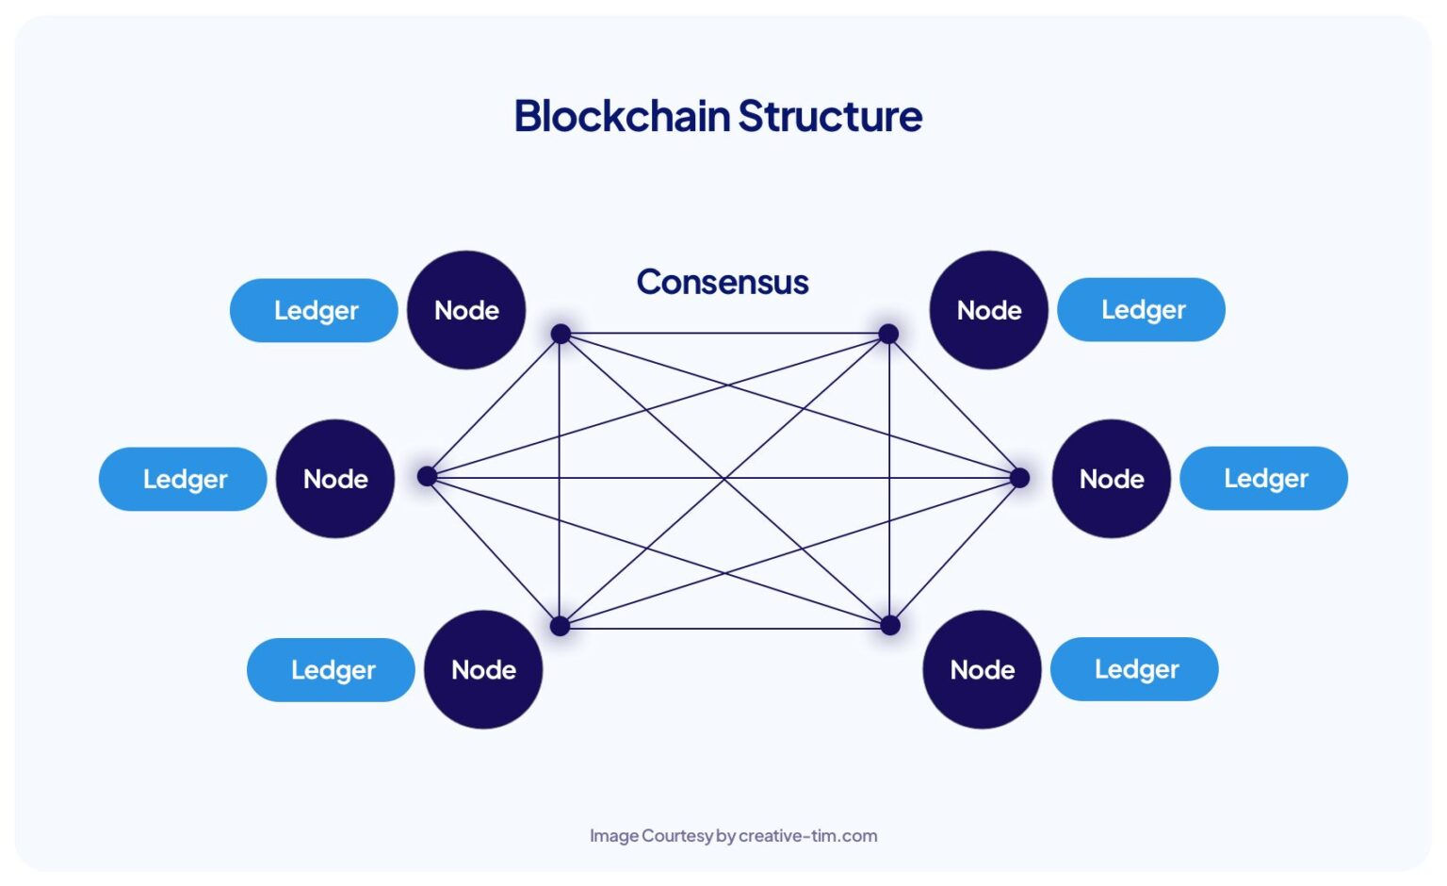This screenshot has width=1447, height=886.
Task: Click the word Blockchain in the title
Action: [622, 116]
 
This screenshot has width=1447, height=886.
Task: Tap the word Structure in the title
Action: [830, 116]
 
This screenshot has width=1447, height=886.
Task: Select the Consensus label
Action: [723, 282]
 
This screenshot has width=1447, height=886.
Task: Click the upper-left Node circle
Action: [466, 310]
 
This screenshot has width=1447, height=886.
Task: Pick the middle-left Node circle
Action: [335, 479]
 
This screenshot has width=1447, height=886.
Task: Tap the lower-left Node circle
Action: [483, 669]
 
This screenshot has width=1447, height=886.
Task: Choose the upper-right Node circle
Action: [989, 310]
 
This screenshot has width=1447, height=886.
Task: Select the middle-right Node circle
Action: [1112, 479]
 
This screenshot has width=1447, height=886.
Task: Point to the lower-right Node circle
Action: [983, 669]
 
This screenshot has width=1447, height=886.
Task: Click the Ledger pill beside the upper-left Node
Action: [315, 310]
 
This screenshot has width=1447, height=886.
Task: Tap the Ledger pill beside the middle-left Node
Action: [184, 479]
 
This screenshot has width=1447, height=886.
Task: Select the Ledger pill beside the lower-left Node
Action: [332, 669]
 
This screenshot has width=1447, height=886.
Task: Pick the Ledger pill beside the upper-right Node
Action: [1142, 309]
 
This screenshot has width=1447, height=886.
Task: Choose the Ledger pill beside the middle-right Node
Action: [1264, 478]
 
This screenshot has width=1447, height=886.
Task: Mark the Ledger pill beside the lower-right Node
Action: [1135, 668]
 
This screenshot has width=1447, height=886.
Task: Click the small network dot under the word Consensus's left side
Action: [561, 334]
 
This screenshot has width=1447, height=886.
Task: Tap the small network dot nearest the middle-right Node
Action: [1019, 478]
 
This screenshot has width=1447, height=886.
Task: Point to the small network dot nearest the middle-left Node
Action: [427, 476]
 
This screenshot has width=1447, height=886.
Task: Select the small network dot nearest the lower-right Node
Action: [889, 625]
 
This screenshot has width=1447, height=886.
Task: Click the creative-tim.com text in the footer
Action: [807, 835]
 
